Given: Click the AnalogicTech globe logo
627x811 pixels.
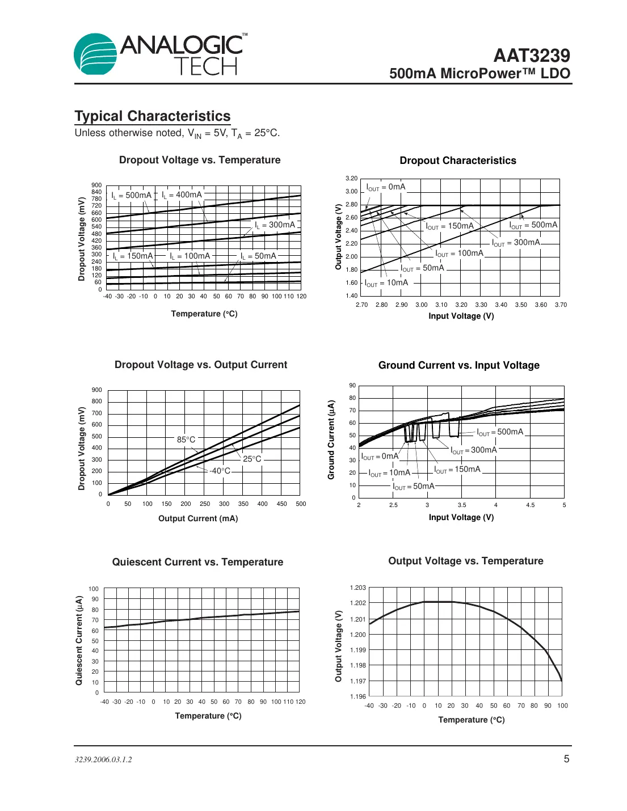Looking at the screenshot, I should click(95, 54).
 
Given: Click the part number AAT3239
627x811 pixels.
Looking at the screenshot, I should click(531, 56).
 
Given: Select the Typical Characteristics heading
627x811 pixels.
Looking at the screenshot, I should click(152, 116).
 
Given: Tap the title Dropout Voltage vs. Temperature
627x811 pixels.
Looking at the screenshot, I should click(200, 160).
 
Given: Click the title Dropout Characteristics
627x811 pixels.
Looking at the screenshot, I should click(458, 160).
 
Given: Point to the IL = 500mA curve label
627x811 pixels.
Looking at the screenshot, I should click(131, 195).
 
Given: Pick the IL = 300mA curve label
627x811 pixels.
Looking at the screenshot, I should click(275, 225).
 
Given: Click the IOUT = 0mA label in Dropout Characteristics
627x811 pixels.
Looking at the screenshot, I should click(386, 187).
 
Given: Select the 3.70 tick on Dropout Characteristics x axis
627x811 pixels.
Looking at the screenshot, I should click(561, 305).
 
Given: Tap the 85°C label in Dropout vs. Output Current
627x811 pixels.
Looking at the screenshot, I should click(186, 440).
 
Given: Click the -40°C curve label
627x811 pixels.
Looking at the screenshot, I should click(220, 471).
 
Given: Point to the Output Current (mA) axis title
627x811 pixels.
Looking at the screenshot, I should click(198, 518).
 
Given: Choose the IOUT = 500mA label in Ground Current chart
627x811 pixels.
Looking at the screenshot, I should click(500, 432).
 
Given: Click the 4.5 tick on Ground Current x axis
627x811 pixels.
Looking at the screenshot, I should click(530, 505).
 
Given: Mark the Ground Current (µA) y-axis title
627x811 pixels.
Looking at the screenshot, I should click(331, 440).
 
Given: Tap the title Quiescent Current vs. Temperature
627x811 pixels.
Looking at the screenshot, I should click(197, 562).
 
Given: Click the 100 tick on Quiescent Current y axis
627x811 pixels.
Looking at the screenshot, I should click(94, 589).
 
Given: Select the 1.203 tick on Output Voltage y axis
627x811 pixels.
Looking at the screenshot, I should click(358, 588).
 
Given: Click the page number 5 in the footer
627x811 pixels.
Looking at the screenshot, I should click(566, 759).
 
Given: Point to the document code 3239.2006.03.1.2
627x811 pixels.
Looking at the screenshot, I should click(103, 759).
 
